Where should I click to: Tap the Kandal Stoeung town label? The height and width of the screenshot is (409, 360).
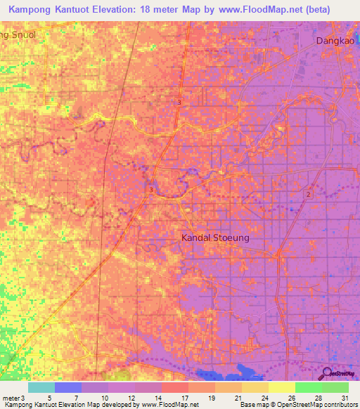pos(215,238)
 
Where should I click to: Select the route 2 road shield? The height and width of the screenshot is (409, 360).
pos(308,193)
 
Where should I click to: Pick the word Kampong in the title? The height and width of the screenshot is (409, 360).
pos(35,10)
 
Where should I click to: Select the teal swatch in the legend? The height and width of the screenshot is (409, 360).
pos(41,387)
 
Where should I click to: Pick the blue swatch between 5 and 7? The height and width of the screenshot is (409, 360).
pos(68,387)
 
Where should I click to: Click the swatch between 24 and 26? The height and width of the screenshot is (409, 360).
pos(281,387)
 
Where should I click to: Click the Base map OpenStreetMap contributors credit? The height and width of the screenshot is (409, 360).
pos(296,404)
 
